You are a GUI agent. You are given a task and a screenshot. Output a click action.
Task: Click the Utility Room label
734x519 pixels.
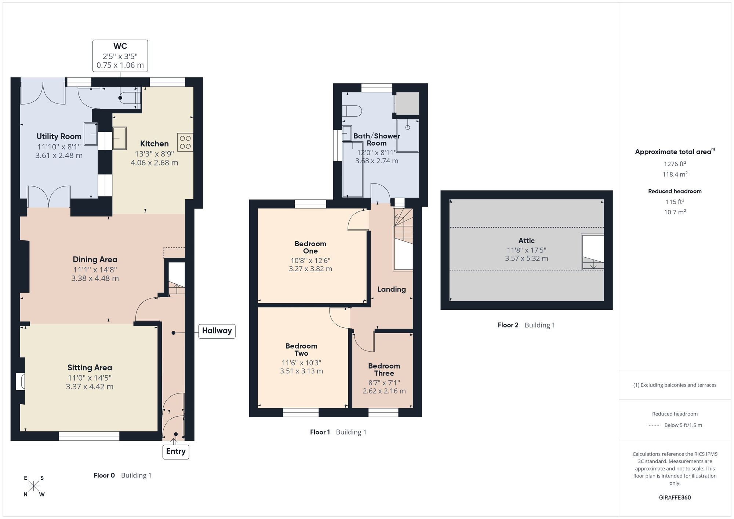pyautogui.click(x=59, y=137)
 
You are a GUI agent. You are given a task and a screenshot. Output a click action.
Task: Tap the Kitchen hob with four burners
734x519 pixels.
pyautogui.click(x=185, y=142)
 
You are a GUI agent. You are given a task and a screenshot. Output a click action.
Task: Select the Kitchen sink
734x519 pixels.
pyautogui.click(x=119, y=138)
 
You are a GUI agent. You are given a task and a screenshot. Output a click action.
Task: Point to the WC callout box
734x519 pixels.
pyautogui.click(x=120, y=56)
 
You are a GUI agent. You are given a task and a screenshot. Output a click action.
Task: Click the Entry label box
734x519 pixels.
pyautogui.click(x=176, y=451)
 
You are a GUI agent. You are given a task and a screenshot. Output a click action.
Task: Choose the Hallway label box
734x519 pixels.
pyautogui.click(x=217, y=331)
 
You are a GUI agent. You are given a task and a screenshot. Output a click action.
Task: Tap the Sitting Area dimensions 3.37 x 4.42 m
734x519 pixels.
pyautogui.click(x=90, y=386)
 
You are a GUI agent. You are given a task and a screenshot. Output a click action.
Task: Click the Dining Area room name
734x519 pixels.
pyautogui.click(x=95, y=259)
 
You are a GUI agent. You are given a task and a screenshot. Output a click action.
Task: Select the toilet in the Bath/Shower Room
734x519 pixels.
pyautogui.click(x=352, y=111)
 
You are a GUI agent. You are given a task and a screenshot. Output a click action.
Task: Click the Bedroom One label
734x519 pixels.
pyautogui.click(x=310, y=247)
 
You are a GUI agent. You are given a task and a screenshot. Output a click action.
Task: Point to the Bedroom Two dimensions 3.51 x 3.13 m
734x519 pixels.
pyautogui.click(x=301, y=371)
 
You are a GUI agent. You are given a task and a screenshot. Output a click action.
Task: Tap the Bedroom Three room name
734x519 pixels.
pyautogui.click(x=384, y=370)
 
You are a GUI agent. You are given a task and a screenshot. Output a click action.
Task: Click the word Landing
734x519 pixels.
pyautogui.click(x=392, y=289)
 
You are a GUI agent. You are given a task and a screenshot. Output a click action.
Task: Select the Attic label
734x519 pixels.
pyautogui.click(x=526, y=241)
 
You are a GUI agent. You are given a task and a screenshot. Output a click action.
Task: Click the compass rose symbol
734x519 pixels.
pyautogui.click(x=34, y=486)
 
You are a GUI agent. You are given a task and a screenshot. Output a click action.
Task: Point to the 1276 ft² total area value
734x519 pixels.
pyautogui.click(x=675, y=164)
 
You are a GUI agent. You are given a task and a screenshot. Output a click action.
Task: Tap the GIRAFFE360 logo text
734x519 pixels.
pyautogui.click(x=675, y=498)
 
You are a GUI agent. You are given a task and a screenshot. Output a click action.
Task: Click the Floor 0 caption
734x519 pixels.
pyautogui.click(x=104, y=475)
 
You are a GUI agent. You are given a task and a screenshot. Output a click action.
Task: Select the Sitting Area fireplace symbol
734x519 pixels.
pyautogui.click(x=21, y=382)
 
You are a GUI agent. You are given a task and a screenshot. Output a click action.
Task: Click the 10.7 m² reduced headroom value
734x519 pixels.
pyautogui.click(x=675, y=212)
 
